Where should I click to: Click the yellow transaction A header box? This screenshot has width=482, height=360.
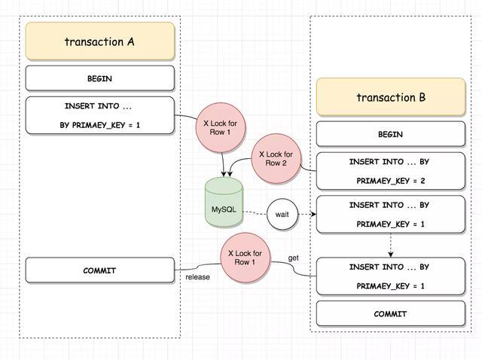coord(99,41)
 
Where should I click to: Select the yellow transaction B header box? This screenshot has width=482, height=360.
coord(390,97)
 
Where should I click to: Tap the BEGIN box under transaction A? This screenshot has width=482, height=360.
coord(99,78)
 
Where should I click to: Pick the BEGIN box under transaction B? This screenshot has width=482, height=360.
coord(390,134)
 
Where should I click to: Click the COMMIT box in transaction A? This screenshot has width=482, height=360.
coord(99,270)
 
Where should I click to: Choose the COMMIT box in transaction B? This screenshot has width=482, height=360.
coord(390,313)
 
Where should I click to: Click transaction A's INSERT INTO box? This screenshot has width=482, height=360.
coord(99,115)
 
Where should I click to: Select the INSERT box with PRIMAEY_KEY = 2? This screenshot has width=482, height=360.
coord(390,171)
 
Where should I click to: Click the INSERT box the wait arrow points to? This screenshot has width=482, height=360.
coord(390,214)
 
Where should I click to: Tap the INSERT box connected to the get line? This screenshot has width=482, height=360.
coord(390,276)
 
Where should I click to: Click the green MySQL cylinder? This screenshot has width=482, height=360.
coord(224,203)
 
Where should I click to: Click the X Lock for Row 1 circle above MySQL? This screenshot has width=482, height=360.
coord(222,125)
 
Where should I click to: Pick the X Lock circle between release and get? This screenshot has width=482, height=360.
coord(246,258)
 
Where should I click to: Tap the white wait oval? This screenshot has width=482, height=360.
coord(282,215)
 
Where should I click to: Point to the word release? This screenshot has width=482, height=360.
coord(198,277)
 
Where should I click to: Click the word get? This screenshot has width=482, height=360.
coord(294,258)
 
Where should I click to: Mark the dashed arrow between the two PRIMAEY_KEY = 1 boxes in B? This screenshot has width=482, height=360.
coord(390,245)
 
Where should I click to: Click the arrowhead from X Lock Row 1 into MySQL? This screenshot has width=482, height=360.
coord(224,174)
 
